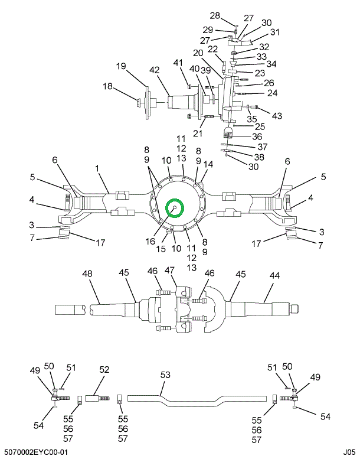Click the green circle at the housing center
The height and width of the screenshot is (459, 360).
click(175, 208)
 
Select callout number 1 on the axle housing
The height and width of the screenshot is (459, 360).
click(97, 169)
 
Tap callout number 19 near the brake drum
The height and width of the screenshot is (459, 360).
click(120, 66)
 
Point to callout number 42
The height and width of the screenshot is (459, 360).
click(154, 70)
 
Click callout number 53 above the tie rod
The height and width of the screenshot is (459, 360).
click(165, 375)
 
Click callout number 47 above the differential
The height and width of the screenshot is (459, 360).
click(171, 270)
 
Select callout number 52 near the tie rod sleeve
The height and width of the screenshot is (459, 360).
click(104, 370)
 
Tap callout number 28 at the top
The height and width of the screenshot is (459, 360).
click(215, 15)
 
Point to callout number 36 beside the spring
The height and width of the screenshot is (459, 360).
click(257, 136)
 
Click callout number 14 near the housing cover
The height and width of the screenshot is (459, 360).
click(208, 163)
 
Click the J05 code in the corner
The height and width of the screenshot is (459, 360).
click(349, 452)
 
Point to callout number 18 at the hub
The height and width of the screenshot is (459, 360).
click(108, 87)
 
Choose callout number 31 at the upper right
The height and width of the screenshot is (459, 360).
click(274, 32)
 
